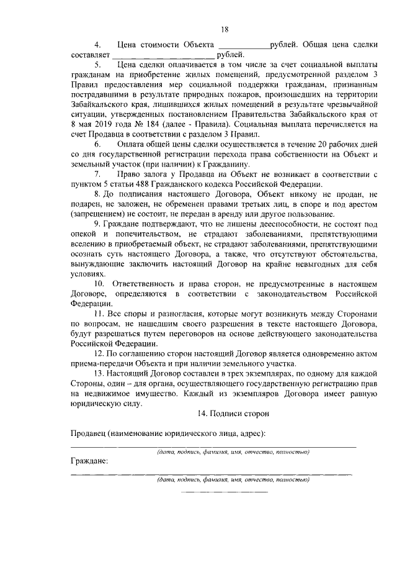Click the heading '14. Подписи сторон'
[225, 413]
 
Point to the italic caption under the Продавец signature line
[233, 452]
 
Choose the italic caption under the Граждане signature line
[233, 480]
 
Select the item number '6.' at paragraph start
[98, 144]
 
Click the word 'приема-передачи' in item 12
[97, 363]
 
